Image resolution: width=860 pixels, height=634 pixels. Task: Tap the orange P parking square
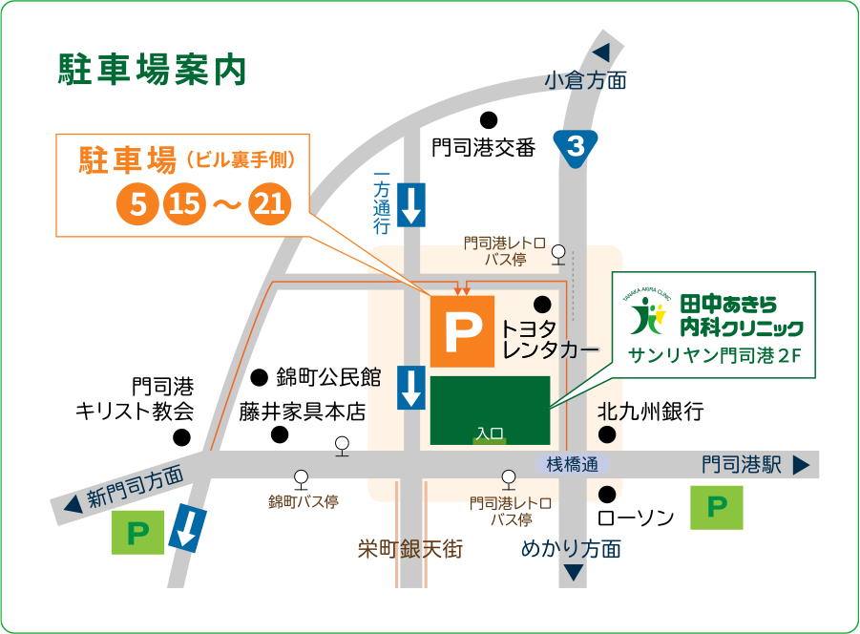point(462,330)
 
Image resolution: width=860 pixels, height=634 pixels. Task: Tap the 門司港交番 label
point(484,147)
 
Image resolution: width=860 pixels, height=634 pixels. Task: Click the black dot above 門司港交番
point(489,120)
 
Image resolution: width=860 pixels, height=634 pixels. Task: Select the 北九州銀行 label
point(650,412)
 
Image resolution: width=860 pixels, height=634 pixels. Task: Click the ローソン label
point(635,518)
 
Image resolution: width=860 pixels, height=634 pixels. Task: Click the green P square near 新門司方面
point(138,532)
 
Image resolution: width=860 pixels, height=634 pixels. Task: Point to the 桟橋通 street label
point(572,465)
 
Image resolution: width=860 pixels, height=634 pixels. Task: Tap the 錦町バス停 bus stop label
point(303,500)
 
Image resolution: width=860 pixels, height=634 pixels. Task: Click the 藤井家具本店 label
point(302,412)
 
